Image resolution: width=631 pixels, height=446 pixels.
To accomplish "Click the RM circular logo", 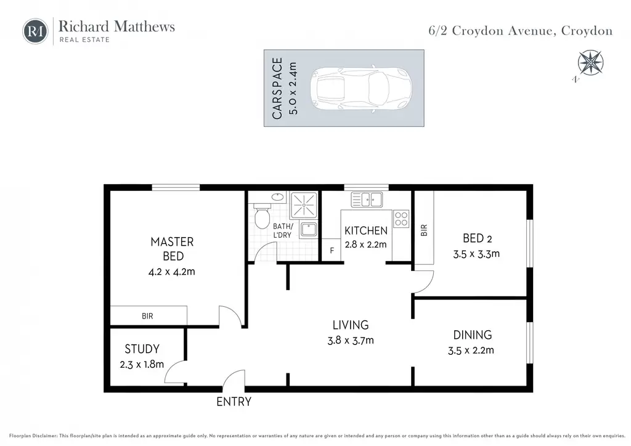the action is click(35, 31).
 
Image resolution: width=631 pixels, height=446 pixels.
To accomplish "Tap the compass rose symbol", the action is click(590, 63).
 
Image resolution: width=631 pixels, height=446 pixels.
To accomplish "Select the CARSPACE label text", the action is click(277, 89).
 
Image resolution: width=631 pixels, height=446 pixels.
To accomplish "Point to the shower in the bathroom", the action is click(303, 205).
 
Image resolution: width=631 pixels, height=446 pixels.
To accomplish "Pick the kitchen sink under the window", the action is click(367, 200).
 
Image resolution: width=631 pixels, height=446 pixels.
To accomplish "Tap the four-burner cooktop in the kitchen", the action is click(401, 219).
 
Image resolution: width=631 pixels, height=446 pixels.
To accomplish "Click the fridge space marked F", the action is click(332, 251).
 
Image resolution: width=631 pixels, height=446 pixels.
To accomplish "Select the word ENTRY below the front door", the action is click(234, 402).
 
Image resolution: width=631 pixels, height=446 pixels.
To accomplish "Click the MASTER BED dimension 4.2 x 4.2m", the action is click(172, 272).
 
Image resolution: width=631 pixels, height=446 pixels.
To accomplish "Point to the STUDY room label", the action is click(142, 349).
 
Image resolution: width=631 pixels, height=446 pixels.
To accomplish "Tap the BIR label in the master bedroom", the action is click(147, 316).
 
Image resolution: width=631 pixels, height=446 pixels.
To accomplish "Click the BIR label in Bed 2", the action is click(424, 230).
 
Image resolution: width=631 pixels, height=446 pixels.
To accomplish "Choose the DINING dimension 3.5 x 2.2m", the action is click(471, 351).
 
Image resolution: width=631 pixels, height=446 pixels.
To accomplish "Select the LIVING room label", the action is click(351, 325).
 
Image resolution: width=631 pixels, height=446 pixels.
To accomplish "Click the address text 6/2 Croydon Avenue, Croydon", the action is click(520, 31).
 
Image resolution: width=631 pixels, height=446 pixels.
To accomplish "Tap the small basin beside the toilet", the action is click(277, 197).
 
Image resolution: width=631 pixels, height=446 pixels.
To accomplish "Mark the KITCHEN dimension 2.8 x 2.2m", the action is click(366, 245).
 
